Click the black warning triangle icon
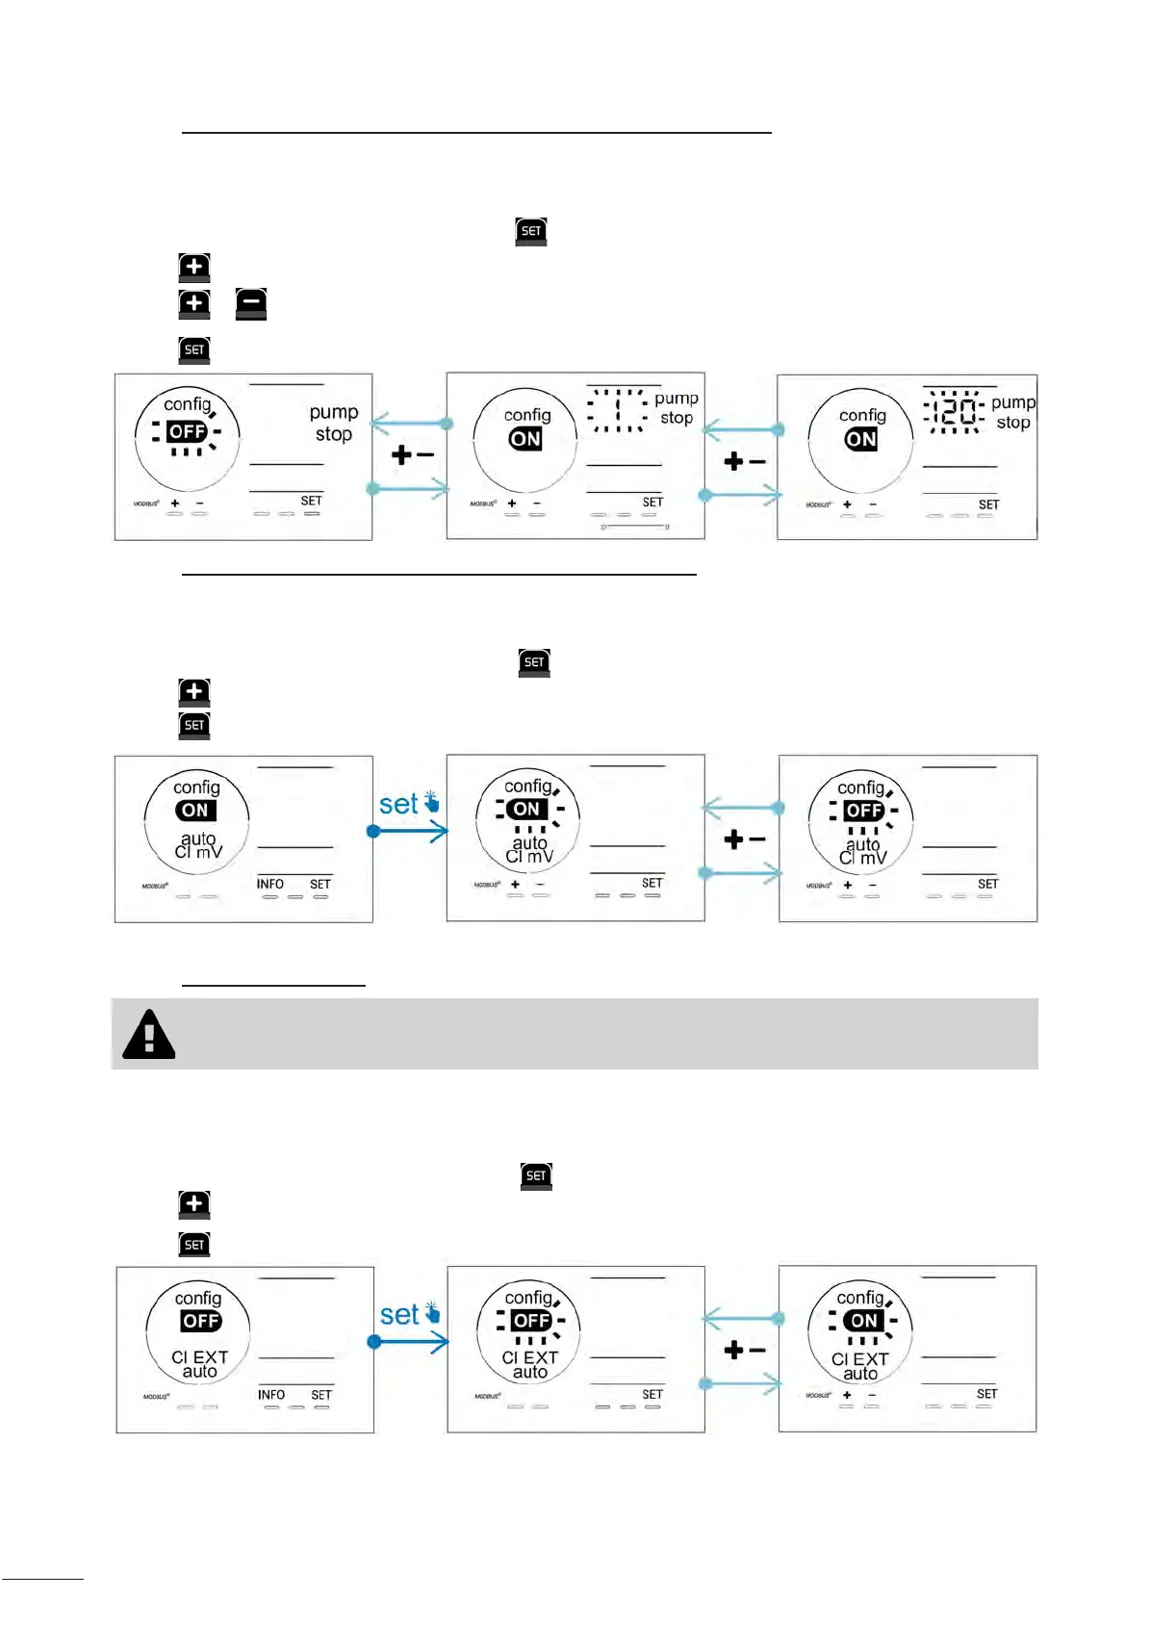tap(149, 1035)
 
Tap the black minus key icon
tap(251, 303)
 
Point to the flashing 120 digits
tap(954, 412)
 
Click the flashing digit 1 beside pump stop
tap(618, 410)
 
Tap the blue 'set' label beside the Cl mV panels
tap(398, 804)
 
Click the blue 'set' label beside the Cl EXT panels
tap(399, 1315)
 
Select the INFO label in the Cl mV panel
tap(270, 884)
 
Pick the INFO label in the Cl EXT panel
tap(271, 1395)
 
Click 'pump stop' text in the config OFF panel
tap(334, 423)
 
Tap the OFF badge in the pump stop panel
tap(187, 431)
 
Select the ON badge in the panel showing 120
tap(861, 440)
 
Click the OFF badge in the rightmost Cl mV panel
tap(863, 811)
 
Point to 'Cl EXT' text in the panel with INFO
tap(200, 1357)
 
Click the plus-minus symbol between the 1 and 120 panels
tap(745, 462)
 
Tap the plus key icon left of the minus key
tap(194, 303)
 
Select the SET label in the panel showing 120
tap(988, 504)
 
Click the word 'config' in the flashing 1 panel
tap(527, 415)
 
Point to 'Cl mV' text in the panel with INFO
tap(198, 852)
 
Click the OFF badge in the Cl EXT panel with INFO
tap(201, 1321)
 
